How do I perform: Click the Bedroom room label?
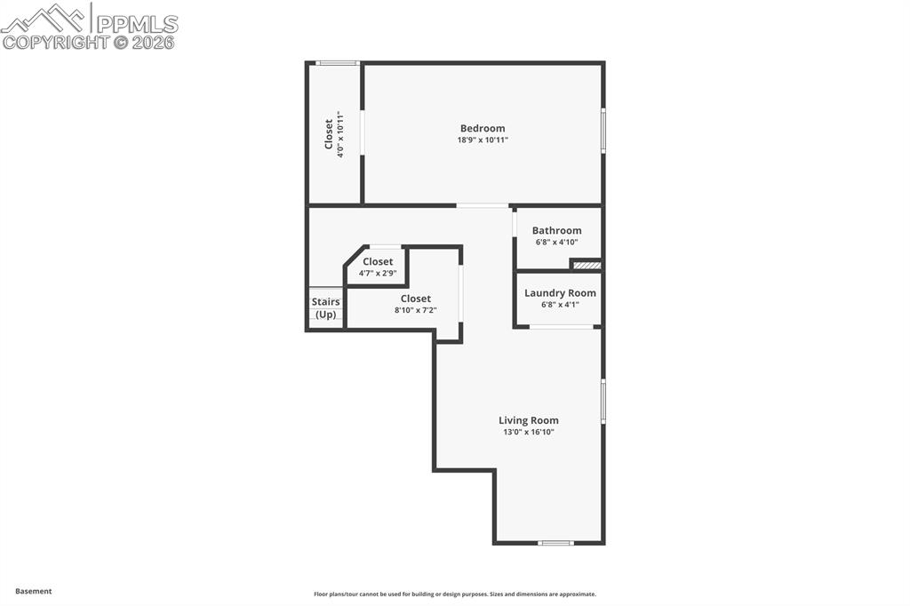coord(482,128)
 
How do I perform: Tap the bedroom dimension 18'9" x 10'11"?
coord(482,140)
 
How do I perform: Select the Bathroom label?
coord(556,230)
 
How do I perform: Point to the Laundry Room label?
coord(560,292)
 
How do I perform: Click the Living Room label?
coord(528,420)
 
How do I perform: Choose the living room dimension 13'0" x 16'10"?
coord(528,433)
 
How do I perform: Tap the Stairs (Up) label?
coord(325,308)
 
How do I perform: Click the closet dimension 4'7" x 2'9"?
coord(377,274)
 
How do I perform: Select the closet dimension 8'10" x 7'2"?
coord(415,311)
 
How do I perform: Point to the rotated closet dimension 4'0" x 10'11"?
coord(339,134)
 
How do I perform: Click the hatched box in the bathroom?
coord(586,264)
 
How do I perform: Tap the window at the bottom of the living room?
coord(556,542)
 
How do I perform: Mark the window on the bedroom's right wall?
coord(603,131)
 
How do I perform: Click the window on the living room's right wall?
coord(603,402)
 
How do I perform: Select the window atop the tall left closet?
coord(338,63)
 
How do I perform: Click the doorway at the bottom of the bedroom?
coord(483,206)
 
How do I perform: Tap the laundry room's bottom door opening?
coord(562,327)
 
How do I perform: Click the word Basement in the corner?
coord(34,591)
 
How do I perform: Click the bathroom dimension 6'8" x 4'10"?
coord(556,243)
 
